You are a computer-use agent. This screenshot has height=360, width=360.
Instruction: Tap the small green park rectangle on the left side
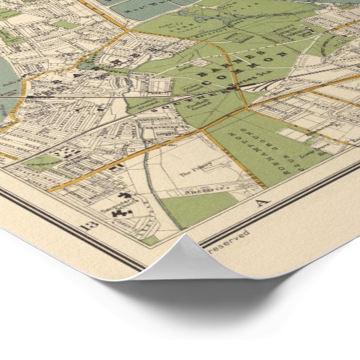pos(42,162)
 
